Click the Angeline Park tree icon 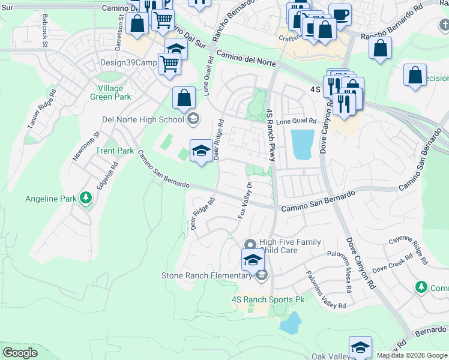[86, 198]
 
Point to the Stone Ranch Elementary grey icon [261, 275]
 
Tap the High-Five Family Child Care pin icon [250, 243]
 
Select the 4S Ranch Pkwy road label [270, 135]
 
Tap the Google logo [20, 353]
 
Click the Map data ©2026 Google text [411, 355]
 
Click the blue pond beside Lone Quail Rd [302, 144]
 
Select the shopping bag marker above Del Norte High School [184, 97]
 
